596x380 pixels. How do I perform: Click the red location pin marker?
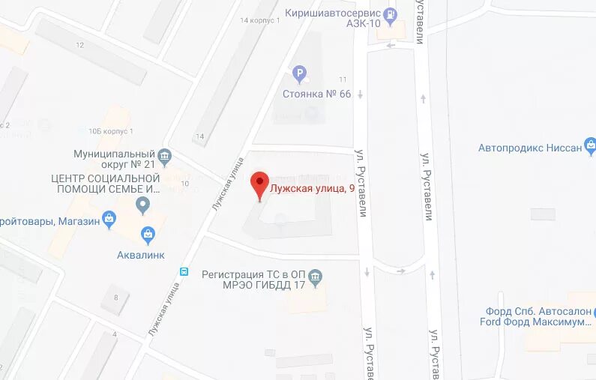tap(259, 183)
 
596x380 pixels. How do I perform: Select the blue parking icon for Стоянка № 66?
tap(299, 73)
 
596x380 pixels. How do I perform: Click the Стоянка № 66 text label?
tap(317, 94)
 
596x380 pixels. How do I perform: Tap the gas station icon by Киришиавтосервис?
tap(389, 14)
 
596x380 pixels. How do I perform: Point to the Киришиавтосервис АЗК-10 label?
tap(334, 18)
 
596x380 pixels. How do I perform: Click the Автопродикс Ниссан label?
tap(530, 148)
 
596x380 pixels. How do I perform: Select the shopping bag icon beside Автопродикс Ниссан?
tap(590, 143)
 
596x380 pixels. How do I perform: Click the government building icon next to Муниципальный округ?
tap(165, 156)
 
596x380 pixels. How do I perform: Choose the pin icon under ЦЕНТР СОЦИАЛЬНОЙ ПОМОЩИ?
tap(142, 204)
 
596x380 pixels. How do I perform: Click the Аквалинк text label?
tap(140, 255)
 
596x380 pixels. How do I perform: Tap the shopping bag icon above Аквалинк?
tap(148, 235)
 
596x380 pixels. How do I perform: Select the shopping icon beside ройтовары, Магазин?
tap(110, 220)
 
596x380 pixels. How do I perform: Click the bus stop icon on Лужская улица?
tap(184, 271)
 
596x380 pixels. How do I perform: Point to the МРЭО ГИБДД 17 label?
tap(257, 286)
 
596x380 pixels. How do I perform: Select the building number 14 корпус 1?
tap(260, 20)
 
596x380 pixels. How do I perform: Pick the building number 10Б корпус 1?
tap(111, 130)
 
